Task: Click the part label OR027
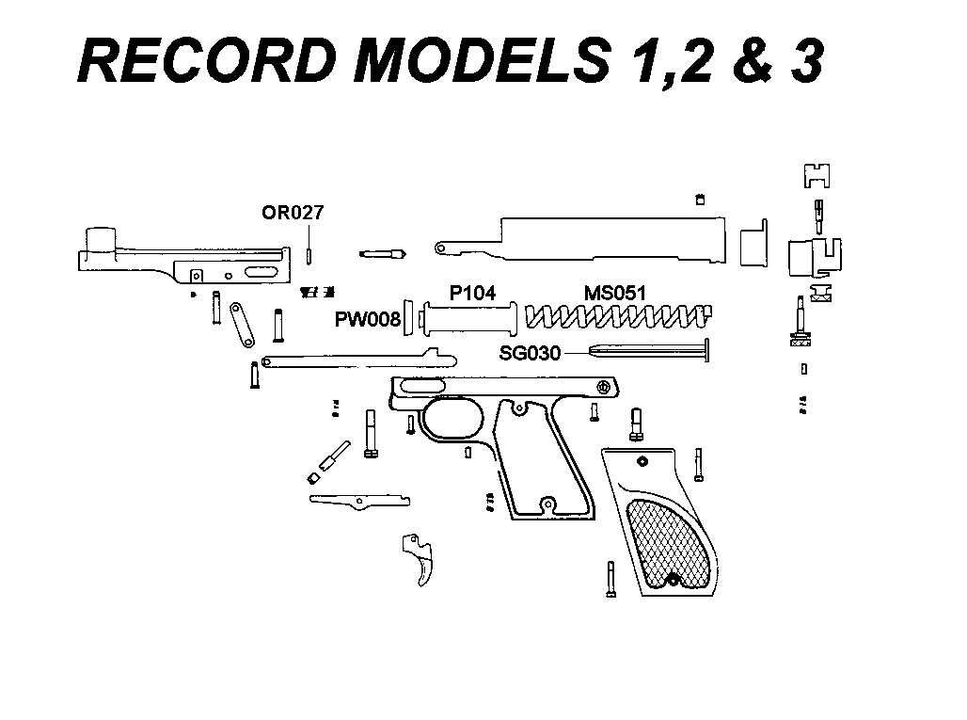click(293, 213)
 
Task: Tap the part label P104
click(472, 293)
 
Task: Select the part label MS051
click(615, 293)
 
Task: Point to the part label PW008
click(368, 320)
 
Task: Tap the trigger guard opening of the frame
click(454, 417)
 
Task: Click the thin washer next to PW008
click(409, 319)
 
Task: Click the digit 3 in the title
click(806, 62)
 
